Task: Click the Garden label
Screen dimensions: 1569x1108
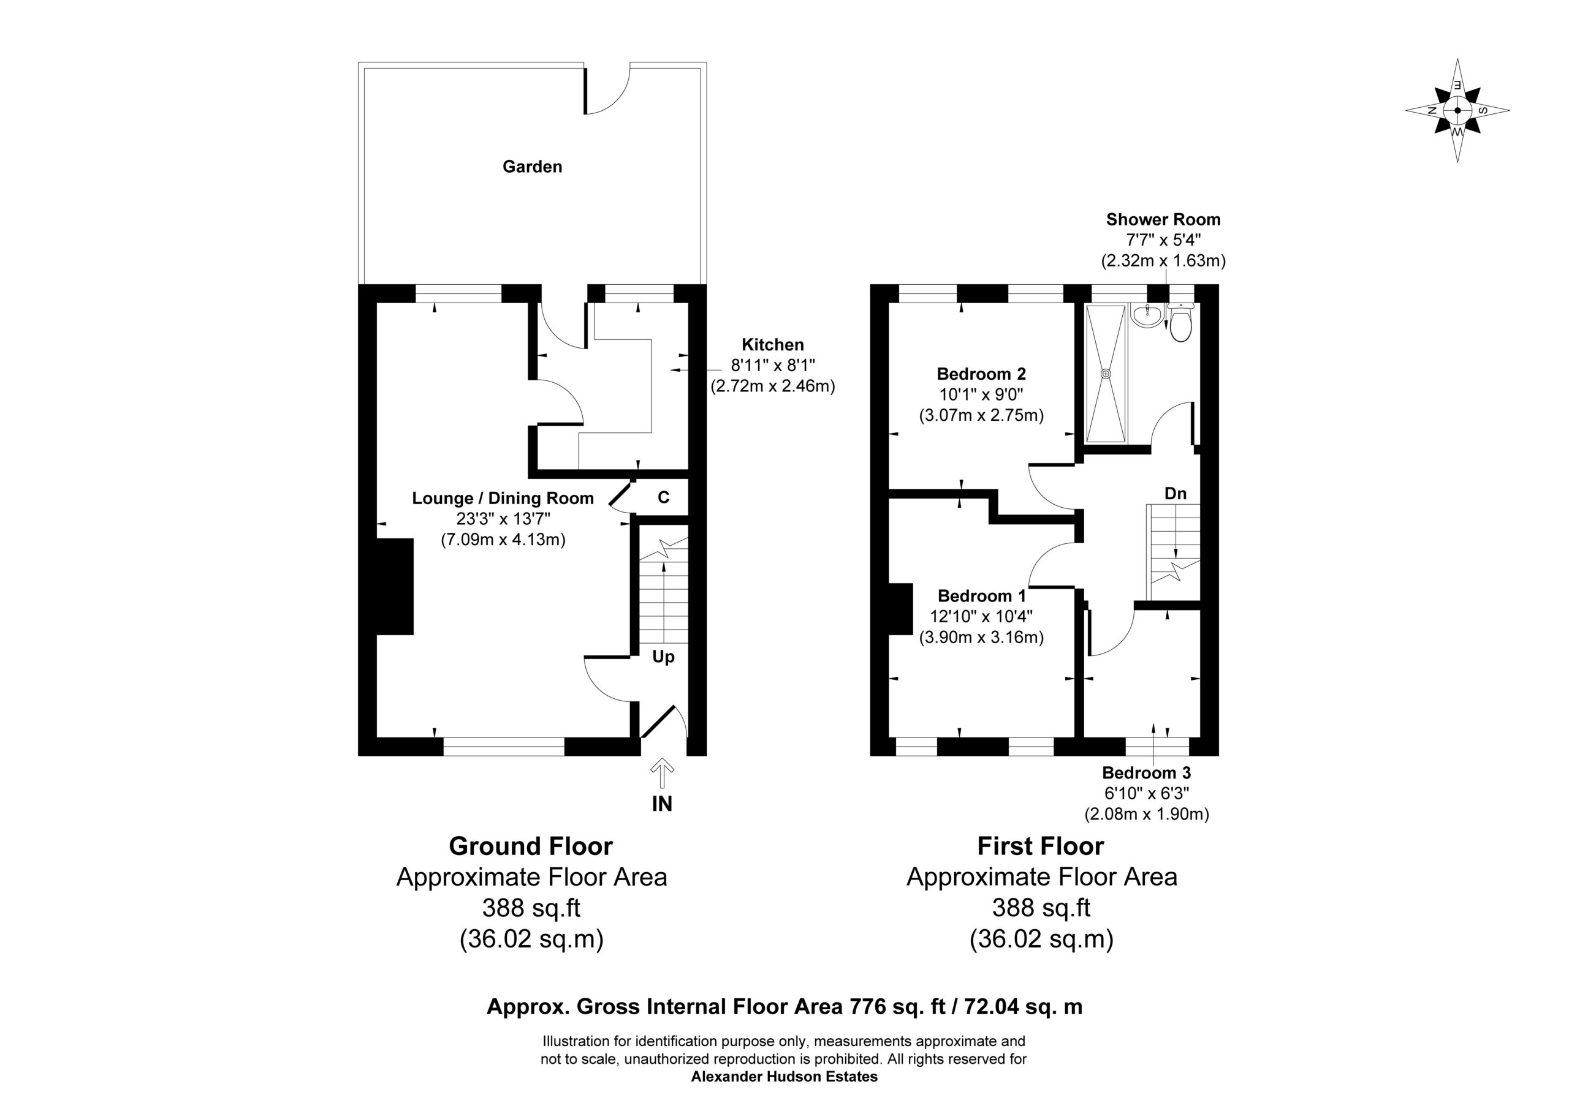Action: tap(533, 167)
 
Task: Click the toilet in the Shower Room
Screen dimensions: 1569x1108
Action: tap(1180, 323)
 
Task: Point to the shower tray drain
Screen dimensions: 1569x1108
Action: tap(1106, 374)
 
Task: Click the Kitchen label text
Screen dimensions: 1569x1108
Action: tap(773, 345)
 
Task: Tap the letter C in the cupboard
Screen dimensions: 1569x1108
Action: tap(663, 498)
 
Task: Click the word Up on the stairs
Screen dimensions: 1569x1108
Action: tap(663, 657)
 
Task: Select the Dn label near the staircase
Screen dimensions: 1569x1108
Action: tap(1176, 493)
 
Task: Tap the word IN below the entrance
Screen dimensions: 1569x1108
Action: tap(662, 804)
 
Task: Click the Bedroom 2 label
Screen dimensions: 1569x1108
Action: tap(981, 374)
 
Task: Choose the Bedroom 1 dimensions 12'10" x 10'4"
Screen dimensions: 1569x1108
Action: tap(981, 616)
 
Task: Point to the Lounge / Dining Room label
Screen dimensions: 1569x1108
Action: tap(503, 498)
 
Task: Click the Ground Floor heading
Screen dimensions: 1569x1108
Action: tap(531, 846)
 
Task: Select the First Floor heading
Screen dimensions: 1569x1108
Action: tap(1041, 846)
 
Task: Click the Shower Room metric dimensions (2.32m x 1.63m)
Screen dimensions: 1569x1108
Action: tap(1163, 260)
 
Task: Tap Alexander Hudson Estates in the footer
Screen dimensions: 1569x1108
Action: tap(784, 1077)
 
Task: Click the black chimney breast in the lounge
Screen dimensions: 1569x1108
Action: tap(395, 587)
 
